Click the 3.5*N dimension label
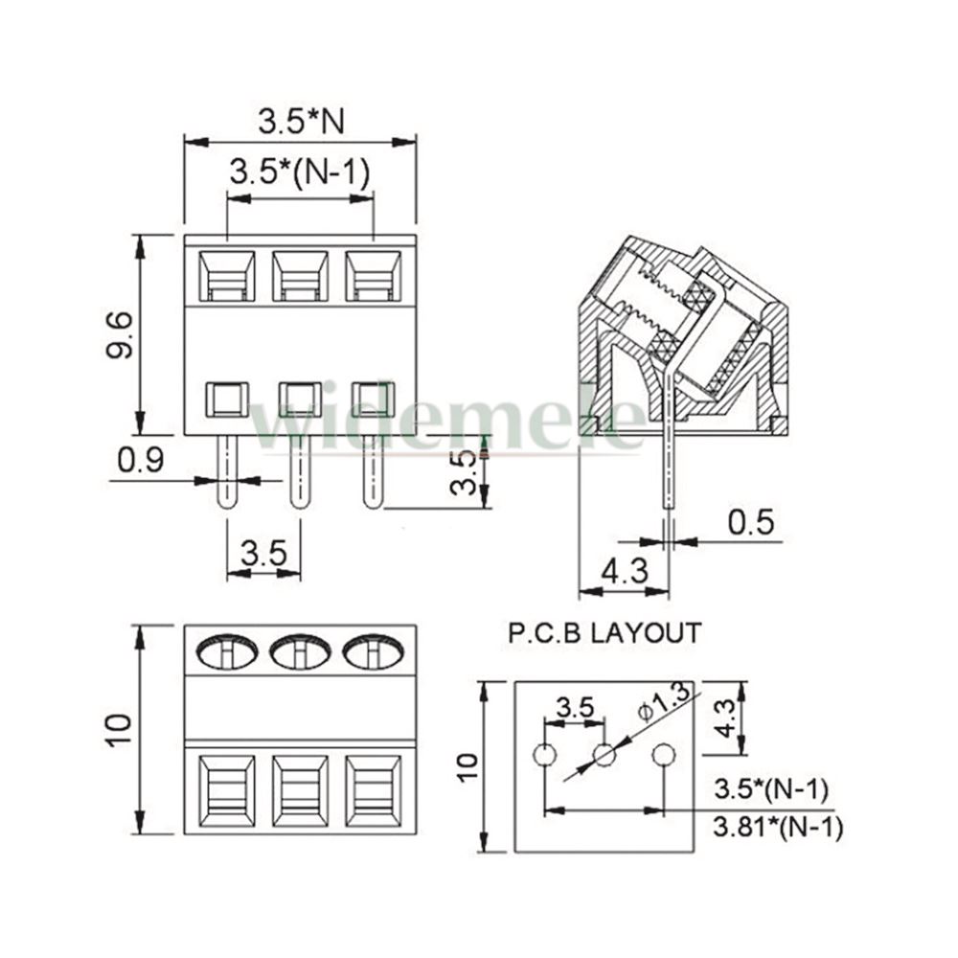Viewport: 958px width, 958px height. click(301, 121)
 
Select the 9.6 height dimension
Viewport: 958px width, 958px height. click(119, 334)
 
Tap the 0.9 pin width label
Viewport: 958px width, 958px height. click(141, 460)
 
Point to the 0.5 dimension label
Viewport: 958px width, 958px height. click(751, 522)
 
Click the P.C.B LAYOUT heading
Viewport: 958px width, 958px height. click(604, 633)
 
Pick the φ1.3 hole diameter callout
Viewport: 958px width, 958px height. click(664, 701)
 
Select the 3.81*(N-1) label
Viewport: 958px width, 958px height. click(778, 828)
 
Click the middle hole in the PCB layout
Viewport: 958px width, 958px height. click(604, 755)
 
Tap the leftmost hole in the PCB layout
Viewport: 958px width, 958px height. click(544, 755)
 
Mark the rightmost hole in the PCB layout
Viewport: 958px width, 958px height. click(664, 755)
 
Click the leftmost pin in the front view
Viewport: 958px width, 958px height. click(227, 471)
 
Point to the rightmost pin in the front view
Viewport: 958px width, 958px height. click(373, 471)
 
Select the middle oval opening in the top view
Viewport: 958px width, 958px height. click(300, 651)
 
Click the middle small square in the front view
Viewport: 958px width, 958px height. click(300, 399)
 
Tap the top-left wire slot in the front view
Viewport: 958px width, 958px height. click(227, 276)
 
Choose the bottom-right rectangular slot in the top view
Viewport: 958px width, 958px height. click(374, 791)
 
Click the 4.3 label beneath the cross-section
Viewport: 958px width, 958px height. click(625, 571)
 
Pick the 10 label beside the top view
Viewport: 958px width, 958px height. click(119, 729)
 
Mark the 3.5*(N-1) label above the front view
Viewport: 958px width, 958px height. click(300, 172)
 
